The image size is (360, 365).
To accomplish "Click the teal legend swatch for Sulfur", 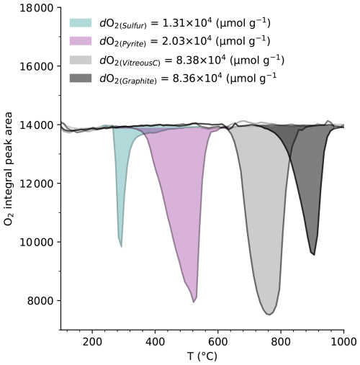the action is click(81, 23).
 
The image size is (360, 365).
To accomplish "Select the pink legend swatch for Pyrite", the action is click(81, 41).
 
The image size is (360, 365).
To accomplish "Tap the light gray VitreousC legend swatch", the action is click(81, 60).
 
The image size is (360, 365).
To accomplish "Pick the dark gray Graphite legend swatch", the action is click(81, 78).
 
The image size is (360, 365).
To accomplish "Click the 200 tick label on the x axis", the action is click(92, 341).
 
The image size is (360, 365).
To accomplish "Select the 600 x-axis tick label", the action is click(218, 341).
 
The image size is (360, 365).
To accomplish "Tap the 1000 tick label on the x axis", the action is click(343, 341).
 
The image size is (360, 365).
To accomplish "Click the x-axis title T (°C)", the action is click(202, 356).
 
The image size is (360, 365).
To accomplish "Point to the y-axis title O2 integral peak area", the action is click(8, 168).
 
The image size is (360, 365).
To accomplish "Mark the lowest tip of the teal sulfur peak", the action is click(122, 247).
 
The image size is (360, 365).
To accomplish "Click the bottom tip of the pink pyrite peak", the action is click(194, 302).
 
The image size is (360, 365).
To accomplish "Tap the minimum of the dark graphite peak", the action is click(314, 255).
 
